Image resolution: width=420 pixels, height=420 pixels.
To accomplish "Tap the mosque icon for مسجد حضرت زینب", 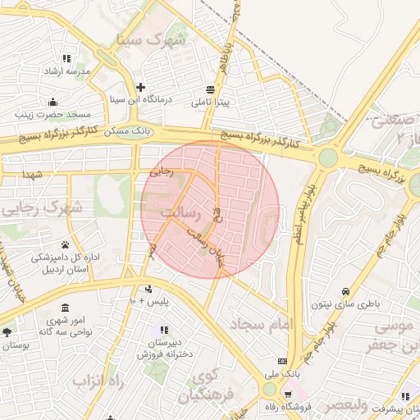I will pos(53,102).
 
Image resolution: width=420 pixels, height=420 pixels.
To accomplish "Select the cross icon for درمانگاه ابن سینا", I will pos(141,87).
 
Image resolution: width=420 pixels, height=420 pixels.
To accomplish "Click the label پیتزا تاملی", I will pos(211,103).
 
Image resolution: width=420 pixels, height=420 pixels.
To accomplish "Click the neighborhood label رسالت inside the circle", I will pos(181,212).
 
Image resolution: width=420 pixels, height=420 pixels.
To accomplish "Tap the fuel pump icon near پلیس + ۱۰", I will pos(148,289).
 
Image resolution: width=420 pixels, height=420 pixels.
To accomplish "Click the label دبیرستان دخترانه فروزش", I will pos(171,348).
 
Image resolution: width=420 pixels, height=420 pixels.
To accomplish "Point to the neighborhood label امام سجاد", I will pos(262,325).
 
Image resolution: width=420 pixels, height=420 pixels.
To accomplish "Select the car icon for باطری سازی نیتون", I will pos(345,291).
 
